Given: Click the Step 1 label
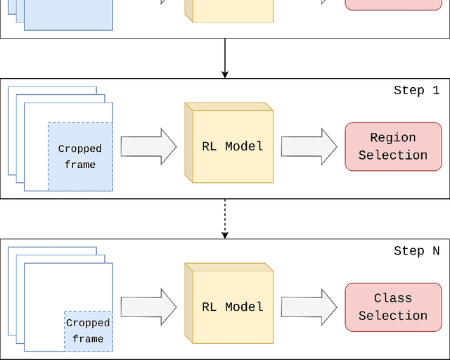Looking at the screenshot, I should click(x=416, y=90).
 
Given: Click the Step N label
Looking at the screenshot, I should click(x=416, y=251).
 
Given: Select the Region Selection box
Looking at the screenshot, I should click(x=393, y=146).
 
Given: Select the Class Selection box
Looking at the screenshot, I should click(x=393, y=307).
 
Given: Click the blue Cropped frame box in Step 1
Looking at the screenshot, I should click(x=79, y=157).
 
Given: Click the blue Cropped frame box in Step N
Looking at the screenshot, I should click(x=88, y=331).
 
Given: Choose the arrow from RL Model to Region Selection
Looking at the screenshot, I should click(x=309, y=146).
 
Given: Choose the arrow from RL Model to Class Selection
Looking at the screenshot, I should click(x=309, y=307).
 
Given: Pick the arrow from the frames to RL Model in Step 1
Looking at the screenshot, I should click(x=148, y=146).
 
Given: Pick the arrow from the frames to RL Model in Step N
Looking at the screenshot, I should click(x=148, y=307).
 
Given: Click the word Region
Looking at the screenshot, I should click(x=393, y=138).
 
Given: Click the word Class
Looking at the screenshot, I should click(x=393, y=298).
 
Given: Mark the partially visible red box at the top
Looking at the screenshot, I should click(x=393, y=4).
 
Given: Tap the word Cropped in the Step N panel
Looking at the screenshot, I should click(x=88, y=323).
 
